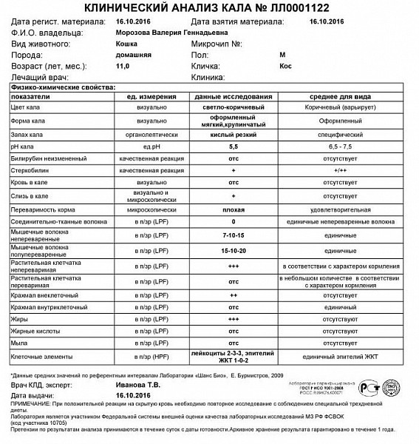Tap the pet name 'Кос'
285,66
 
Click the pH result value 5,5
234,148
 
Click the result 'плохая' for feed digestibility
234,209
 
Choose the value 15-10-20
234,250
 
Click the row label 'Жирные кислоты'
34,332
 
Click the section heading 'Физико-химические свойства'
62,87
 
